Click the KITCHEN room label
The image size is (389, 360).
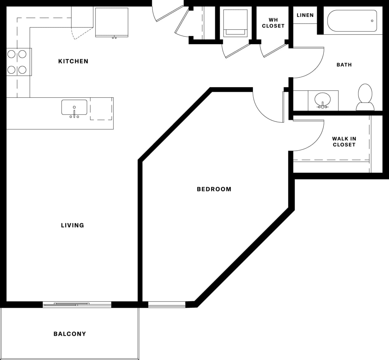click(73, 61)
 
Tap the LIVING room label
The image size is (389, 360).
click(72, 225)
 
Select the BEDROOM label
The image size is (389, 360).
click(214, 189)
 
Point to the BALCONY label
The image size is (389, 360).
click(70, 334)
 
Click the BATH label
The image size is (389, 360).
click(344, 65)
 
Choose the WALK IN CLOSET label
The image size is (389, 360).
click(344, 142)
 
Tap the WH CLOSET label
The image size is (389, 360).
click(273, 23)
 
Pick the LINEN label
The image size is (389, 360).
click(305, 15)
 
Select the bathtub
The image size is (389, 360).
click(352, 21)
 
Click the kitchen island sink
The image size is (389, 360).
click(74, 108)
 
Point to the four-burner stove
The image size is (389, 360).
click(17, 62)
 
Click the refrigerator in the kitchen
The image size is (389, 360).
click(112, 22)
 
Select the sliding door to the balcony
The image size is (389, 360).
click(77, 304)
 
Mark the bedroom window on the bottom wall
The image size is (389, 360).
click(167, 304)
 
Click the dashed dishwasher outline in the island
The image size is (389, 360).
click(101, 109)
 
